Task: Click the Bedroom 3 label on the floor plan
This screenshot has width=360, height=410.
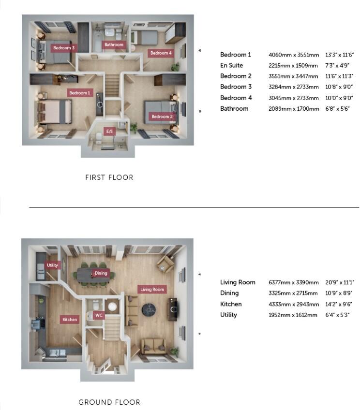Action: pyautogui.click(x=64, y=48)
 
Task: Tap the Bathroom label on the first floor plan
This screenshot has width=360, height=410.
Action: pyautogui.click(x=114, y=45)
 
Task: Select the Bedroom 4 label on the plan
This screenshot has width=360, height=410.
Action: pyautogui.click(x=160, y=53)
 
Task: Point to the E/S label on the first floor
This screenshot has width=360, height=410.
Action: pyautogui.click(x=110, y=131)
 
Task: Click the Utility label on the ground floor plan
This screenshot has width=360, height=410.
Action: pyautogui.click(x=52, y=265)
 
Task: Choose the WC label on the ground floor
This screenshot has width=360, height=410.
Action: pyautogui.click(x=99, y=315)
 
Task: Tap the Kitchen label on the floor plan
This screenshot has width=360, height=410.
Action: pyautogui.click(x=70, y=320)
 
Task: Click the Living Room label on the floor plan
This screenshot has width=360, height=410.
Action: pyautogui.click(x=152, y=289)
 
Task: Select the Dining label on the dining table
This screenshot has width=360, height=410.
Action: pyautogui.click(x=101, y=273)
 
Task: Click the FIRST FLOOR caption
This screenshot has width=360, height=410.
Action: pyautogui.click(x=109, y=177)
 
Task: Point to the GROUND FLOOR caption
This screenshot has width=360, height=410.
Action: pyautogui.click(x=109, y=402)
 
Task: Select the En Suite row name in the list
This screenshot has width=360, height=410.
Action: pyautogui.click(x=231, y=65)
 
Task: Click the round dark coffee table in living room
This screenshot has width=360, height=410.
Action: pyautogui.click(x=149, y=309)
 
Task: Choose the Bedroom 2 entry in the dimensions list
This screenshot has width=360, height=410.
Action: pyautogui.click(x=236, y=76)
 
